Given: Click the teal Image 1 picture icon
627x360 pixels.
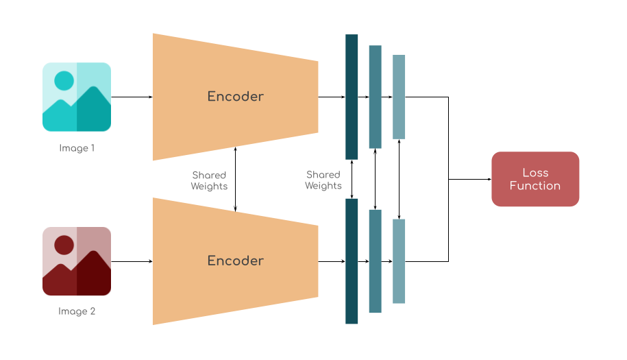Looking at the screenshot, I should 77,97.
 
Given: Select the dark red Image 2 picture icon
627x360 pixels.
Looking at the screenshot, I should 77,261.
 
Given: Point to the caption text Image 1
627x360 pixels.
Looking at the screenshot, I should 77,147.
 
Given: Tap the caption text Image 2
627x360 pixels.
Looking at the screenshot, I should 77,311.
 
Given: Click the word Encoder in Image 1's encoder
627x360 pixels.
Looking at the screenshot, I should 236,97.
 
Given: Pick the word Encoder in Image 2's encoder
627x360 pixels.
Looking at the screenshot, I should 236,261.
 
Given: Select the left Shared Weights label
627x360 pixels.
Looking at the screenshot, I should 209,180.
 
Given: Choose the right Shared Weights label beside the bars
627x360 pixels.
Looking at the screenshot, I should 323,180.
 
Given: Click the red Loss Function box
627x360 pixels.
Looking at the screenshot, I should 535,179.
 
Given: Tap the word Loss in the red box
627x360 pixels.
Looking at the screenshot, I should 535,173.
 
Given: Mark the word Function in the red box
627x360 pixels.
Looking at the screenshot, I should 535,186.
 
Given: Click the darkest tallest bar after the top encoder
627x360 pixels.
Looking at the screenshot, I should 352,97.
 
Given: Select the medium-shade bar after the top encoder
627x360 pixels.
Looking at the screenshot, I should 375,97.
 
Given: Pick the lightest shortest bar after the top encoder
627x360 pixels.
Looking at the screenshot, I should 399,97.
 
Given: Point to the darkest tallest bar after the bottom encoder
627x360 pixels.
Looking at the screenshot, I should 352,261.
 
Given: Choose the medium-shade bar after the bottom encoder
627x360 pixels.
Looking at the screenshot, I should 375,261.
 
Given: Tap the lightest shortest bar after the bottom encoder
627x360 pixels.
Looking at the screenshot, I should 399,261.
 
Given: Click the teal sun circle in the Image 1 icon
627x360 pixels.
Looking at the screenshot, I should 64,80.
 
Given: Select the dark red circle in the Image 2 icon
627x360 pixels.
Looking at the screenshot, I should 64,245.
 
